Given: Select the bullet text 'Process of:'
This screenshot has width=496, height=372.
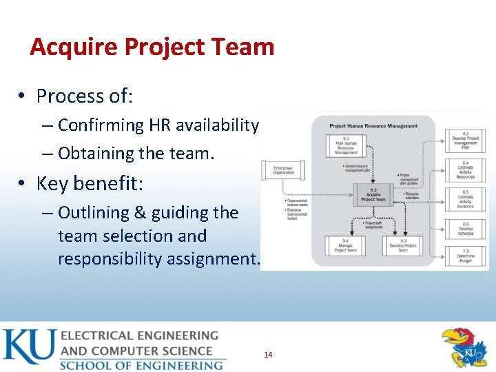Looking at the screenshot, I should pyautogui.click(x=84, y=96).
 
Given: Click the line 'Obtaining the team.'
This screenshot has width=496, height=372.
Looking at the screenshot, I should pyautogui.click(x=136, y=154).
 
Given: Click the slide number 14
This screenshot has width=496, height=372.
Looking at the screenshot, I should pyautogui.click(x=268, y=355).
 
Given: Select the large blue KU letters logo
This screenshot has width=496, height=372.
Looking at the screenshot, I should pyautogui.click(x=28, y=348).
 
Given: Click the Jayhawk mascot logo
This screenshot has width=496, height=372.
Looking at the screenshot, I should pyautogui.click(x=464, y=348).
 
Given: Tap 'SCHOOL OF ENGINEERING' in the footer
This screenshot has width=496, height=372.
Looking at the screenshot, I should pyautogui.click(x=141, y=364).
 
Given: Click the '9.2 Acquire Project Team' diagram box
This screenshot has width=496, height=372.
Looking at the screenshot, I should pyautogui.click(x=373, y=195).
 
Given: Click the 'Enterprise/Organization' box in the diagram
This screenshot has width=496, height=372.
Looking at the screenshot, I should pyautogui.click(x=282, y=171).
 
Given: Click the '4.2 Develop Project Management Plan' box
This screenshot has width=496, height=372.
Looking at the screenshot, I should pyautogui.click(x=466, y=140).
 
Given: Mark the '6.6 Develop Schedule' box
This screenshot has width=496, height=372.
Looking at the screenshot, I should pyautogui.click(x=466, y=229).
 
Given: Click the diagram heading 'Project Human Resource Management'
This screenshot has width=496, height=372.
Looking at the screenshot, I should pyautogui.click(x=373, y=126).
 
